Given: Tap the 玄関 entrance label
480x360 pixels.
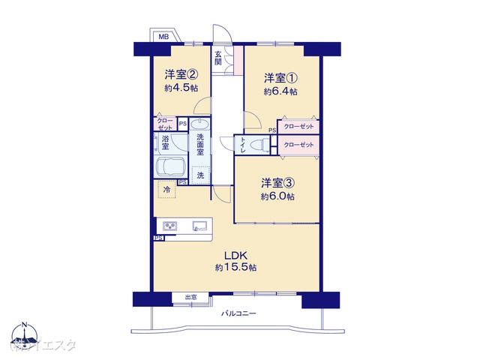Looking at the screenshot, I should coord(217,58).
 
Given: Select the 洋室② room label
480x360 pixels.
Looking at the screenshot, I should coord(181,74).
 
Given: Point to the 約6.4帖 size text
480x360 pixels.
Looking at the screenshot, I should coord(280,91).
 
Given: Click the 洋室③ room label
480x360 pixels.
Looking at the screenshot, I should coord(277,183).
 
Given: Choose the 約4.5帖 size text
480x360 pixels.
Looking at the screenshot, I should coord(181,88).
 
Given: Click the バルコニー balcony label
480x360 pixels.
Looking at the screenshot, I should coord(238,313).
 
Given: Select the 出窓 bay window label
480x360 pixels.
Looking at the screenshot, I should coord(190,298).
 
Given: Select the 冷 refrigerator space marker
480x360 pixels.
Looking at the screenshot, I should coord(166,190).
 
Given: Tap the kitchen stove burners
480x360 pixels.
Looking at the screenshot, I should coord(169,226).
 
